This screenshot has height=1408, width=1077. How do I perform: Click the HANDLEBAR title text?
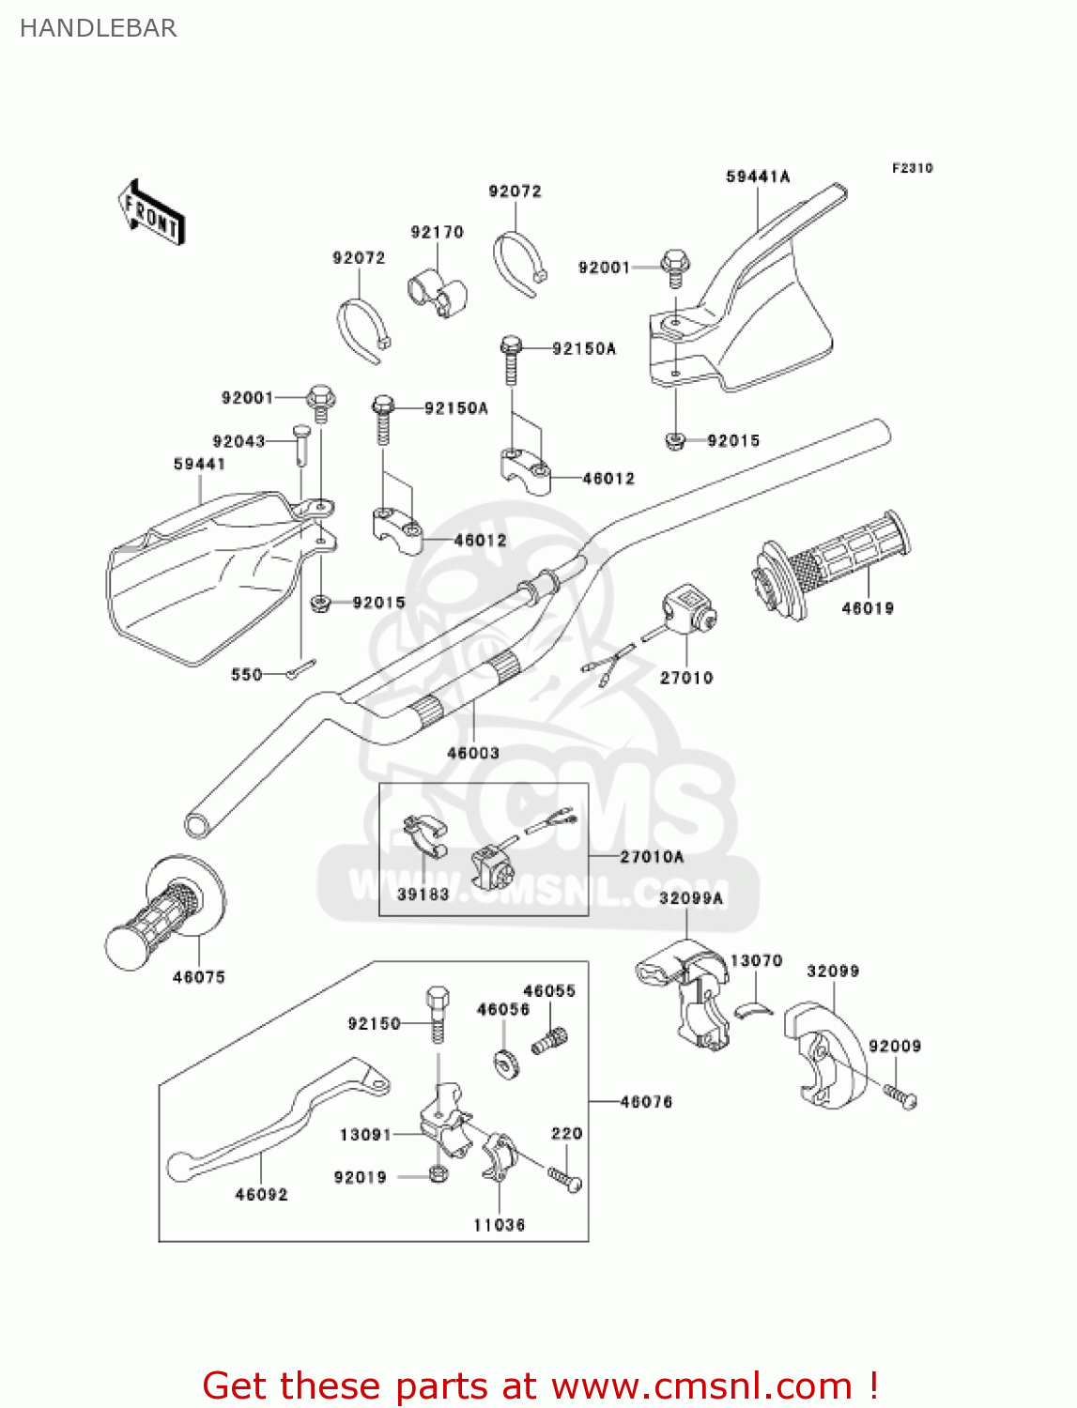tap(98, 28)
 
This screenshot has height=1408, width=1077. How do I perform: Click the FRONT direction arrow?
tap(151, 213)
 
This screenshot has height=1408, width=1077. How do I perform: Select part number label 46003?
tap(472, 753)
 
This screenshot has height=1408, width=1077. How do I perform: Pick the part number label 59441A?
tap(758, 176)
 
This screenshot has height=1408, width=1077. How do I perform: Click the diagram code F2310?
tap(912, 168)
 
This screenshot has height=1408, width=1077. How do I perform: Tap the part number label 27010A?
tap(652, 856)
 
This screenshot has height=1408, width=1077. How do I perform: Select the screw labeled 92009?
tap(901, 1096)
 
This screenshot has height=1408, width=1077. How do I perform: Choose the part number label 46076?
tap(646, 1101)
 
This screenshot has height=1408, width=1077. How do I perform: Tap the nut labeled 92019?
tap(437, 1174)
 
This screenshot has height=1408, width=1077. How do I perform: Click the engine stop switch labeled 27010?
tap(688, 612)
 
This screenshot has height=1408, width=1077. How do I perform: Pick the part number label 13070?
tap(756, 960)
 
